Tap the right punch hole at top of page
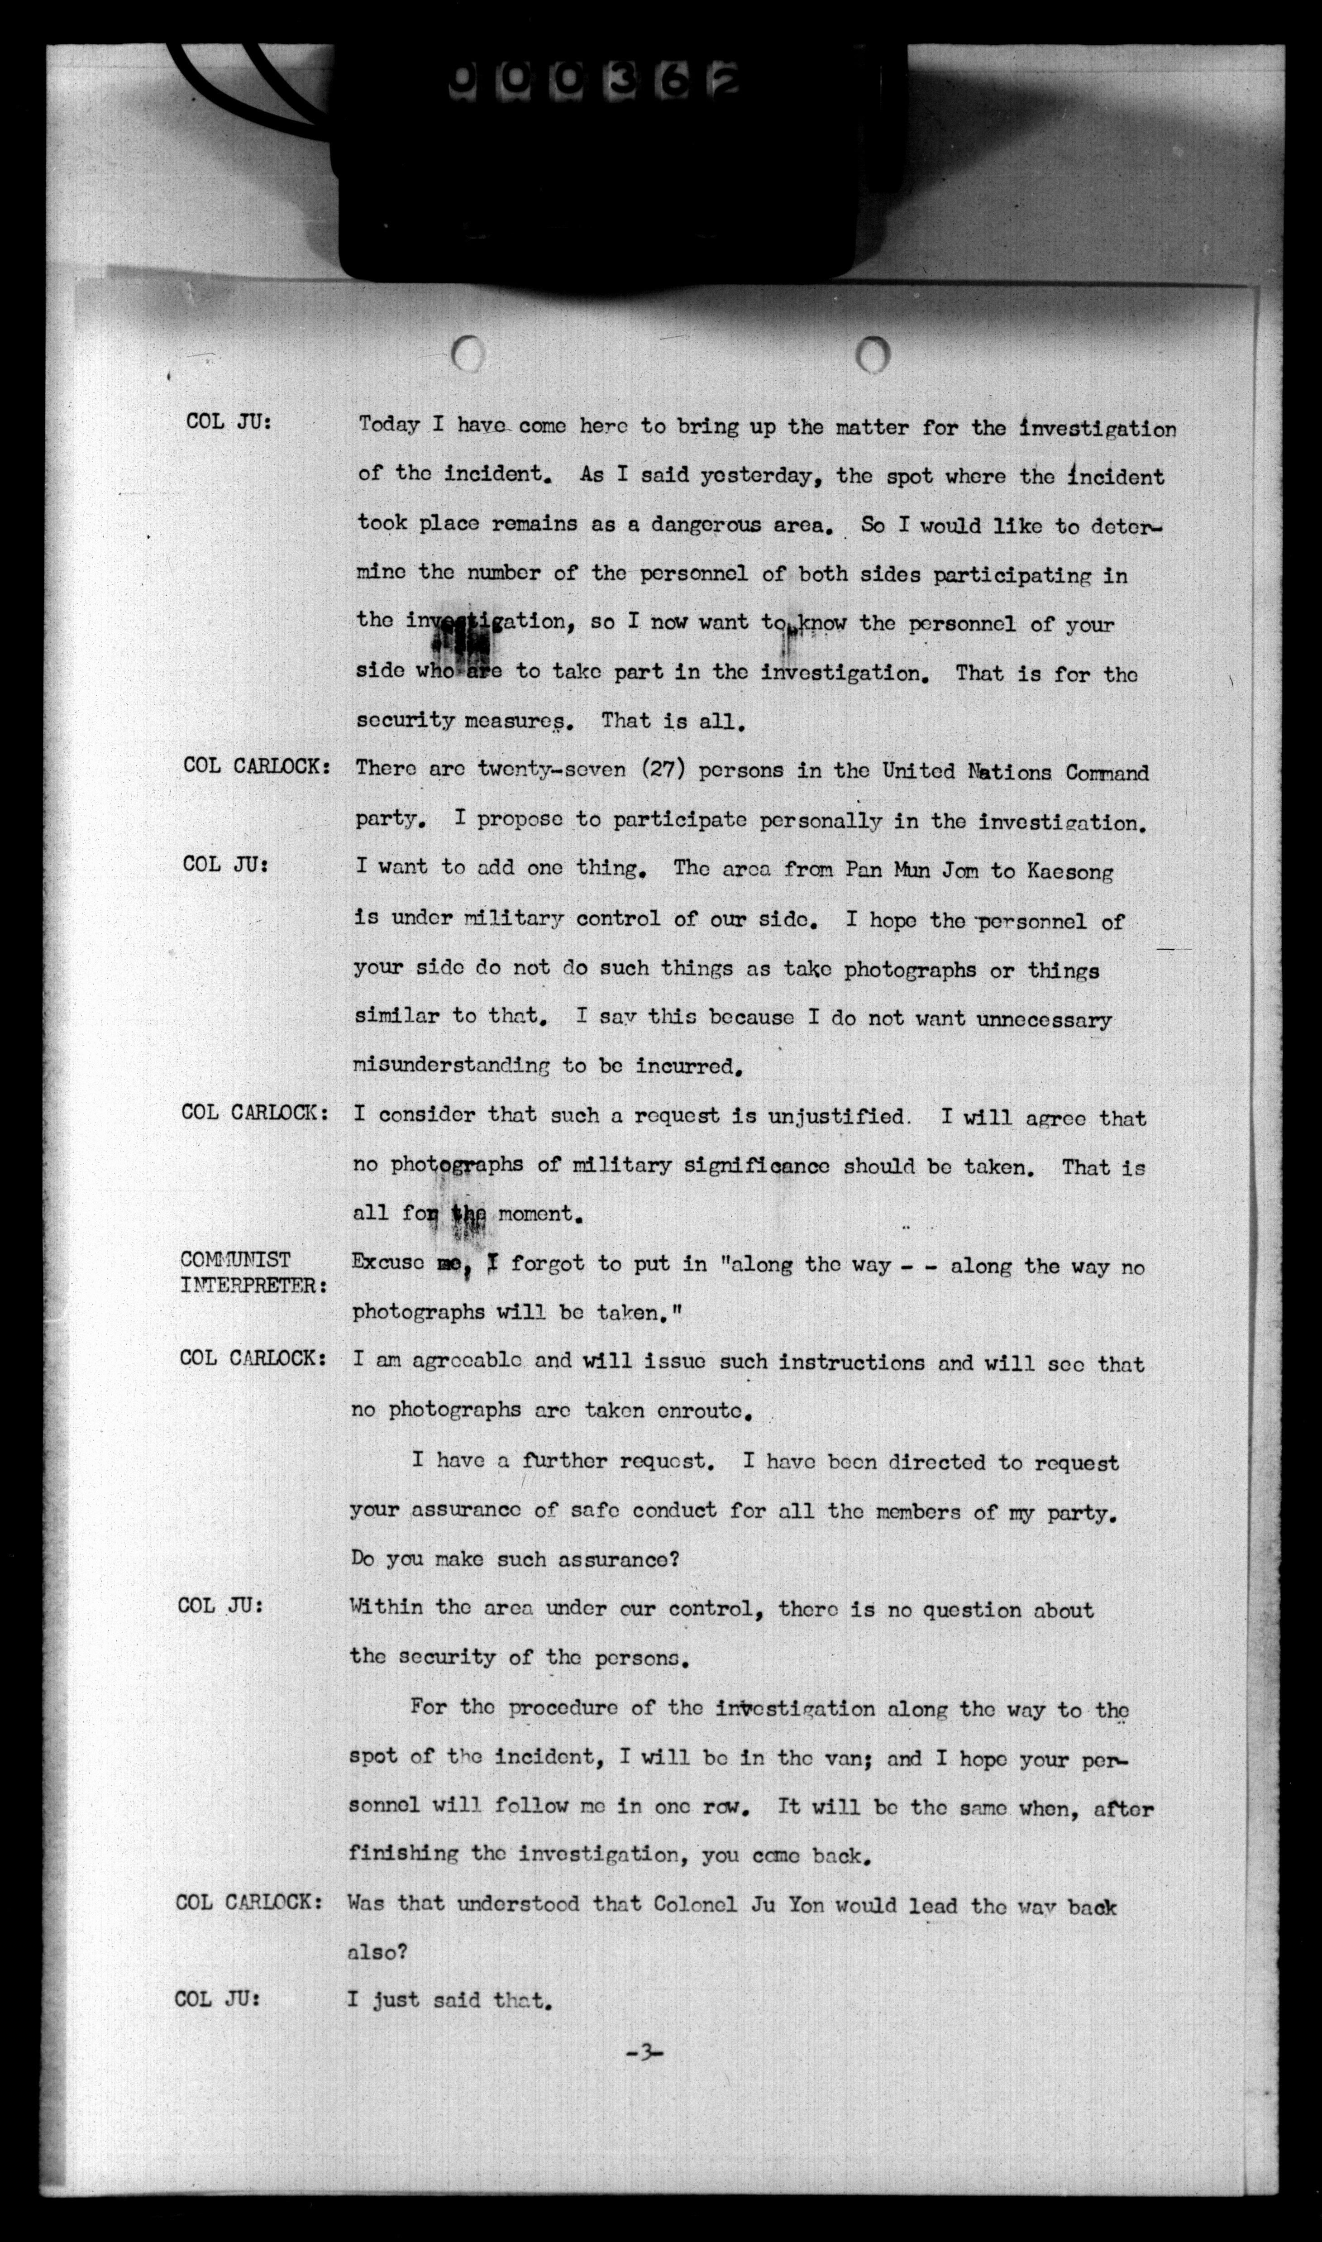point(873,355)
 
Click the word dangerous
point(706,525)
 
